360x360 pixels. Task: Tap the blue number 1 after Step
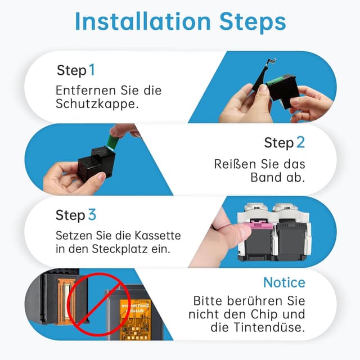pyautogui.click(x=92, y=70)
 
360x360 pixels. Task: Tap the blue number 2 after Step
pyautogui.click(x=300, y=142)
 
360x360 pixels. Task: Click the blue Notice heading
pyautogui.click(x=284, y=282)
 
